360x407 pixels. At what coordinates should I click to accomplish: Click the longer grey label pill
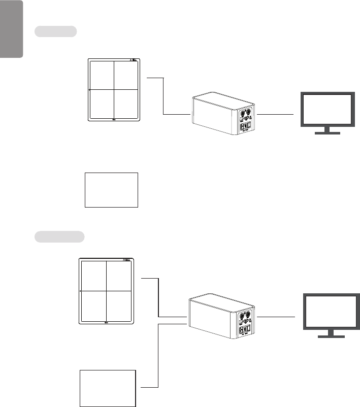pos(59,236)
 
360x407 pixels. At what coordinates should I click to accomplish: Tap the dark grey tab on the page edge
pos(12,29)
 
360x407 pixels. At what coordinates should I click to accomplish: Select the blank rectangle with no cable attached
pos(112,190)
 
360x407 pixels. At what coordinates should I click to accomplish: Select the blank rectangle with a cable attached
pos(108,388)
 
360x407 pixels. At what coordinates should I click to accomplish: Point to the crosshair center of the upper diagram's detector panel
pos(114,90)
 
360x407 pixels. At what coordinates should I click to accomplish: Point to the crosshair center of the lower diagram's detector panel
pos(107,291)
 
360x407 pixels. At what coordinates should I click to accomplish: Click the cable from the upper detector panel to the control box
pos(164,96)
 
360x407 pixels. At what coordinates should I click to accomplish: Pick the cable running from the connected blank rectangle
pos(159,355)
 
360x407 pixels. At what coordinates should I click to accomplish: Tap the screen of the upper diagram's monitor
pos(326,110)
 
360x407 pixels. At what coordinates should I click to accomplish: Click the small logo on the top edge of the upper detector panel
pos(134,60)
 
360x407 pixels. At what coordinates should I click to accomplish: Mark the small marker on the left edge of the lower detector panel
pos(81,291)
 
